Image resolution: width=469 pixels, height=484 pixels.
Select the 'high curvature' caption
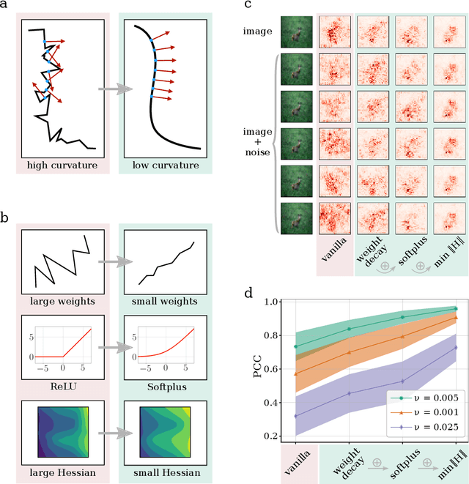[62, 165]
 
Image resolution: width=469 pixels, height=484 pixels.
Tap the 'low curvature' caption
[166, 165]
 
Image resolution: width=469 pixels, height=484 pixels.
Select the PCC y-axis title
[257, 371]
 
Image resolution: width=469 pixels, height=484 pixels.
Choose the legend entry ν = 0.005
[422, 398]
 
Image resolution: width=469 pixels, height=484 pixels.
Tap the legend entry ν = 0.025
[422, 427]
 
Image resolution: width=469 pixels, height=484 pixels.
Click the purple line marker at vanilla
[295, 416]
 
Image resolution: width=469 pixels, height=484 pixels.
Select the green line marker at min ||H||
[455, 308]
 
